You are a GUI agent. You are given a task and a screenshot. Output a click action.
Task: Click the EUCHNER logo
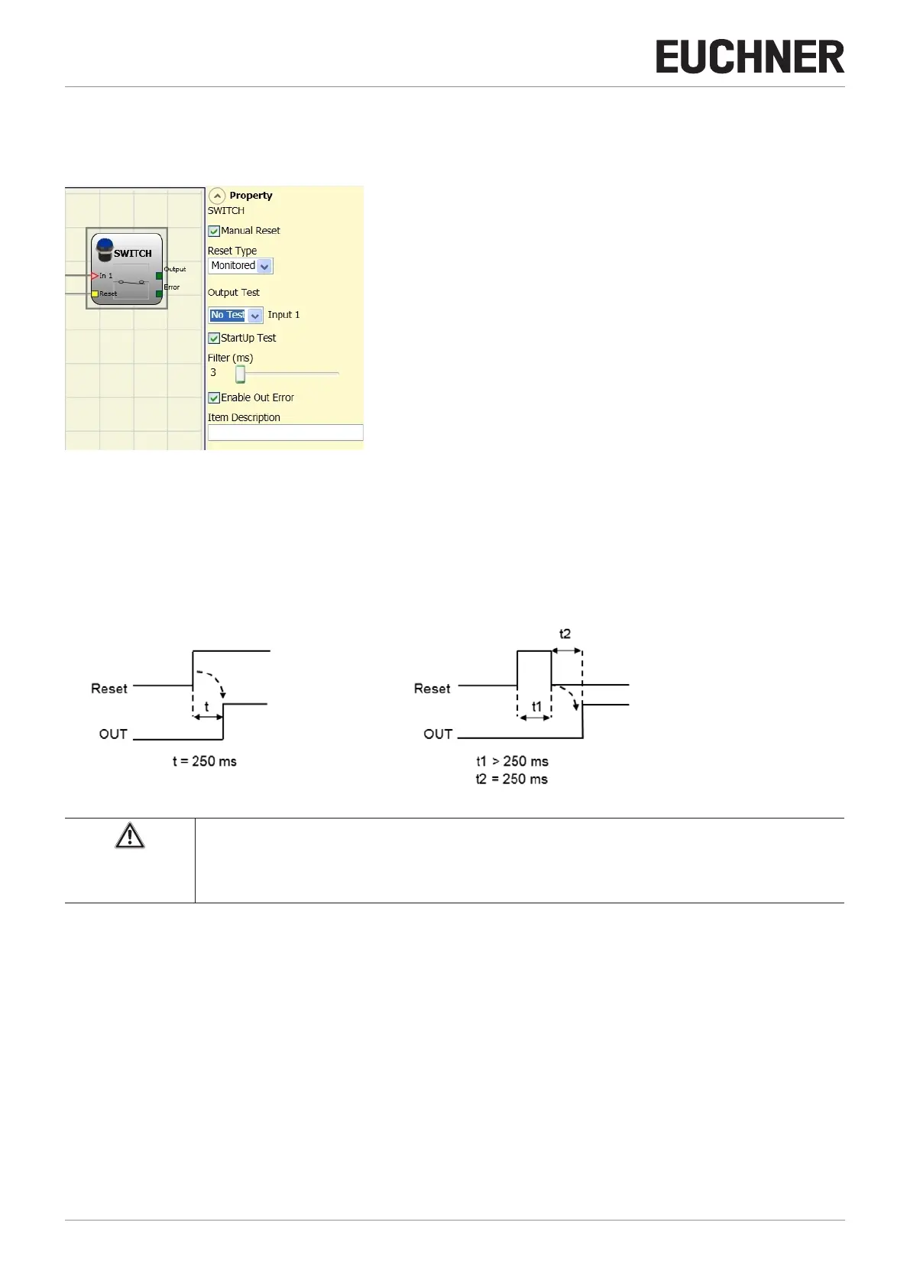[750, 57]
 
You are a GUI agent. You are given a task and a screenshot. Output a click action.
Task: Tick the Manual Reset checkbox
[215, 231]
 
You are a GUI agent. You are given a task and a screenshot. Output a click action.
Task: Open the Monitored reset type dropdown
[264, 266]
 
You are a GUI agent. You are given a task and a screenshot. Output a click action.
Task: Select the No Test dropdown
[255, 315]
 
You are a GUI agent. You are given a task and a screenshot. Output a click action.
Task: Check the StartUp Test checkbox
[215, 338]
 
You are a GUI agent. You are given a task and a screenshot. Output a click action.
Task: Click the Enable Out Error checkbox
[215, 397]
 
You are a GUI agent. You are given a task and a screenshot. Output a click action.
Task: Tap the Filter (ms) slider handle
[240, 374]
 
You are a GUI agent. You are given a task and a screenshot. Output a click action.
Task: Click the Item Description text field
[285, 433]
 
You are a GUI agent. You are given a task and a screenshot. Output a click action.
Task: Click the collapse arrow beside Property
[217, 196]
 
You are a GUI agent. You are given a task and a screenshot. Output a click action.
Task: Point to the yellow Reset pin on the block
[95, 293]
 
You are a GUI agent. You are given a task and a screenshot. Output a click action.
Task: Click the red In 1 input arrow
[95, 275]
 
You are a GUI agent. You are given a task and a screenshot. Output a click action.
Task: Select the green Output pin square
[159, 276]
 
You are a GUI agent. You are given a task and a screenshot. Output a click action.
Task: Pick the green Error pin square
[159, 293]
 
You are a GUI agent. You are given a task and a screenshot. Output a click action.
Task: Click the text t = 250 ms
[204, 761]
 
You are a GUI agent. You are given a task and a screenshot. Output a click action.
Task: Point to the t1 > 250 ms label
[512, 761]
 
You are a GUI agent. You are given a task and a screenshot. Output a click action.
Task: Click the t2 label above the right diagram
[565, 634]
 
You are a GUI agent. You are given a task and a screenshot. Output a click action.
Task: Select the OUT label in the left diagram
[113, 734]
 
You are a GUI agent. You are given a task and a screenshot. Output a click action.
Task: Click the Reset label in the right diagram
[432, 688]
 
